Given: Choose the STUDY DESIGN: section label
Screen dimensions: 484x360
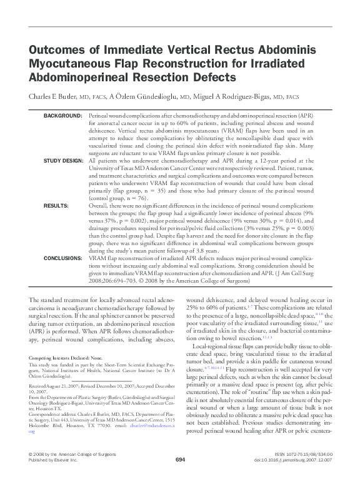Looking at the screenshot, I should click(x=62, y=161).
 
